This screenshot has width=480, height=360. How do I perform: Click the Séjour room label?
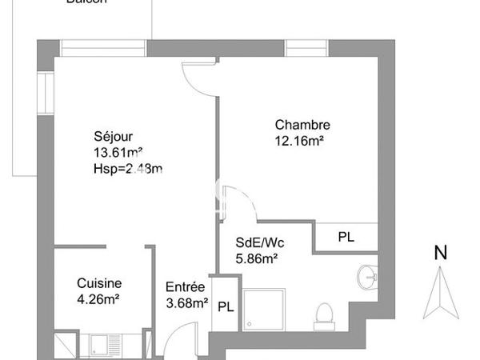pos(112,136)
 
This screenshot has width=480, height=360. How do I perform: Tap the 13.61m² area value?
pos(118,152)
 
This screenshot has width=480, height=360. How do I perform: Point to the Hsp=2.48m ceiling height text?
pos(128,168)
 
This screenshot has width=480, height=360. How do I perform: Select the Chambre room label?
pos(302,125)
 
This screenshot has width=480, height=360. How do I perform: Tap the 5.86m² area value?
pos(256,258)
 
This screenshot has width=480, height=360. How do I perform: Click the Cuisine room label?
pos(99,283)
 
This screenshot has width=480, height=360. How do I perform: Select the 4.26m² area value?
pos(98,299)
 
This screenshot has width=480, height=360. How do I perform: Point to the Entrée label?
pos(185,287)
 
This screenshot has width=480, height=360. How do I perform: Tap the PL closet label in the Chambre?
pos(345,238)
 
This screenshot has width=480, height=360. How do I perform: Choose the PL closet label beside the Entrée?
pos(226,306)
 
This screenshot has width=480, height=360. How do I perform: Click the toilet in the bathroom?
pos(325,314)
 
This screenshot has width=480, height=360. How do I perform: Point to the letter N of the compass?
pos(439,253)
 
